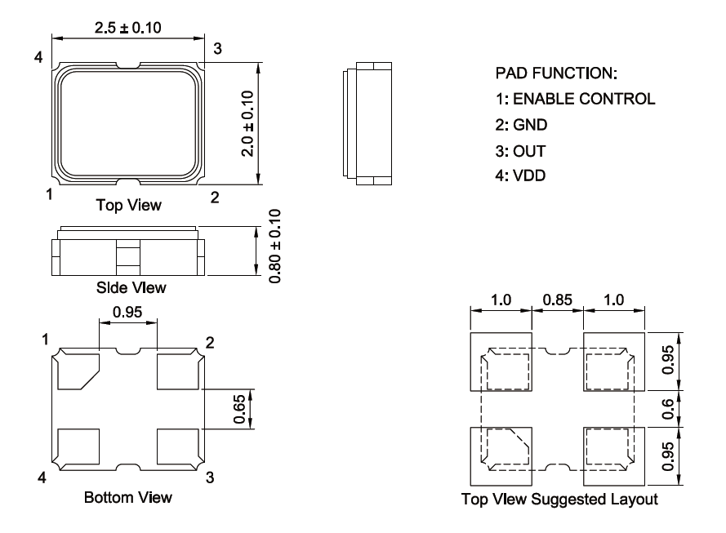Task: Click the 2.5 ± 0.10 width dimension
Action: click(128, 28)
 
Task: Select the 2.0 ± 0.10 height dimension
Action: click(247, 123)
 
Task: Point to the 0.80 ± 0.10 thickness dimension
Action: click(274, 247)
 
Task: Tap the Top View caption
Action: click(129, 205)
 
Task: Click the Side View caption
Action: click(131, 287)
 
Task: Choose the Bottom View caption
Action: click(128, 497)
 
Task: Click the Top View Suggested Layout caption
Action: click(559, 500)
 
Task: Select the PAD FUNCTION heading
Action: click(556, 73)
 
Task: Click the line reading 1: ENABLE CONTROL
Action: click(575, 99)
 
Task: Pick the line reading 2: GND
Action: click(521, 125)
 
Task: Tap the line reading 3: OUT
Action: click(520, 151)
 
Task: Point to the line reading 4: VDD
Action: click(520, 175)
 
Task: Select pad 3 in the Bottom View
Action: click(178, 446)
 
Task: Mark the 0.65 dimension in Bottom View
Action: click(239, 409)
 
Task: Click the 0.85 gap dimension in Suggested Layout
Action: click(558, 300)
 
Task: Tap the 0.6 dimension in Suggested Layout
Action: click(668, 409)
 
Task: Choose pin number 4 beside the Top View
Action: click(38, 57)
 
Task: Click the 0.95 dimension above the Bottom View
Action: click(127, 312)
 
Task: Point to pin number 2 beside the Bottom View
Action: click(210, 343)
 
